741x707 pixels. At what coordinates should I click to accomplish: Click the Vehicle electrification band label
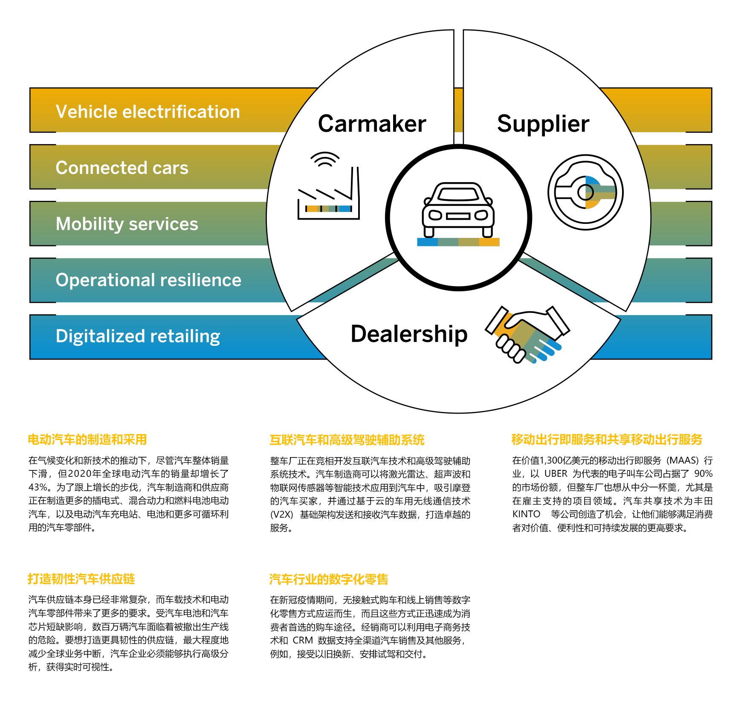pyautogui.click(x=148, y=112)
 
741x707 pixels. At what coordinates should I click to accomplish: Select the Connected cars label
pyautogui.click(x=122, y=168)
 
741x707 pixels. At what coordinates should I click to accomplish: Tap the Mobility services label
pyautogui.click(x=127, y=224)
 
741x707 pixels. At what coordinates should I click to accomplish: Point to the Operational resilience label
pyautogui.click(x=148, y=280)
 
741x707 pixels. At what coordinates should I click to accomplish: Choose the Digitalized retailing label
pyautogui.click(x=138, y=336)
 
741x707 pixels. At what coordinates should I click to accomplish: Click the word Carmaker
pyautogui.click(x=372, y=124)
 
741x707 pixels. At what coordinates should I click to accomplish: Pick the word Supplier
pyautogui.click(x=543, y=124)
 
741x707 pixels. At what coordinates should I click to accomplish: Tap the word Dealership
pyautogui.click(x=409, y=333)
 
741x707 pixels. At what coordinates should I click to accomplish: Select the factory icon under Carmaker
pyautogui.click(x=328, y=200)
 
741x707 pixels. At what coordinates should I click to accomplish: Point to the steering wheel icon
pyautogui.click(x=585, y=192)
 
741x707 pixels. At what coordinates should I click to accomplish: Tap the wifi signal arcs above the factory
pyautogui.click(x=325, y=159)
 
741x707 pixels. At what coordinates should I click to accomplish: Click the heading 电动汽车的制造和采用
pyautogui.click(x=87, y=440)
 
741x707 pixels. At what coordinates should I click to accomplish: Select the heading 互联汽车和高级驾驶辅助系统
pyautogui.click(x=347, y=440)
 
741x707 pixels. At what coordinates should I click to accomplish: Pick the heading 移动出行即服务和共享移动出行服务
pyautogui.click(x=607, y=439)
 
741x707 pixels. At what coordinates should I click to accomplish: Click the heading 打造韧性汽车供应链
pyautogui.click(x=81, y=579)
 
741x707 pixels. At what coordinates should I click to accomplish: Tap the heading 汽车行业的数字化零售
pyautogui.click(x=329, y=579)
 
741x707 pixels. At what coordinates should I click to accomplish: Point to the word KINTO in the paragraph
pyautogui.click(x=526, y=514)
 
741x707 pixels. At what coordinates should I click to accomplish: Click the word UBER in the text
pyautogui.click(x=556, y=474)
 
